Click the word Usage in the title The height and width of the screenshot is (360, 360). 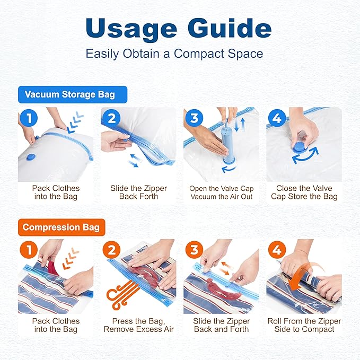click(131, 29)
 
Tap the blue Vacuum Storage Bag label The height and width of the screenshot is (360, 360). click(73, 94)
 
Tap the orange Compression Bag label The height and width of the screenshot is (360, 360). click(62, 227)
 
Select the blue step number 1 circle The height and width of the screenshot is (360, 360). click(29, 118)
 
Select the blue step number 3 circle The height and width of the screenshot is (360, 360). click(194, 118)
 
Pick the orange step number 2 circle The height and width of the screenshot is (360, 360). click(111, 250)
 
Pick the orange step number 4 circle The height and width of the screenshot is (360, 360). click(277, 250)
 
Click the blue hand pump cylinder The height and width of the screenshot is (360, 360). click(227, 145)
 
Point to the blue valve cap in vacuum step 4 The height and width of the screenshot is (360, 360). click(301, 147)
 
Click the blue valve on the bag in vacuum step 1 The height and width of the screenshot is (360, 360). click(30, 157)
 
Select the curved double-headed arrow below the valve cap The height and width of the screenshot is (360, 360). click(305, 157)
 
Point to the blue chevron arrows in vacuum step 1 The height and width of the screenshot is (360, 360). click(75, 122)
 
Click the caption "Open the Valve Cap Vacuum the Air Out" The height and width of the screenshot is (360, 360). click(221, 192)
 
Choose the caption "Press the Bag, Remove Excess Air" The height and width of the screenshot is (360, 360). click(139, 325)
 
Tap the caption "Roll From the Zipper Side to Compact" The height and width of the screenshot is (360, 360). click(304, 325)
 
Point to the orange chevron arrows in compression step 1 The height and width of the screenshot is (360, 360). click(71, 259)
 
